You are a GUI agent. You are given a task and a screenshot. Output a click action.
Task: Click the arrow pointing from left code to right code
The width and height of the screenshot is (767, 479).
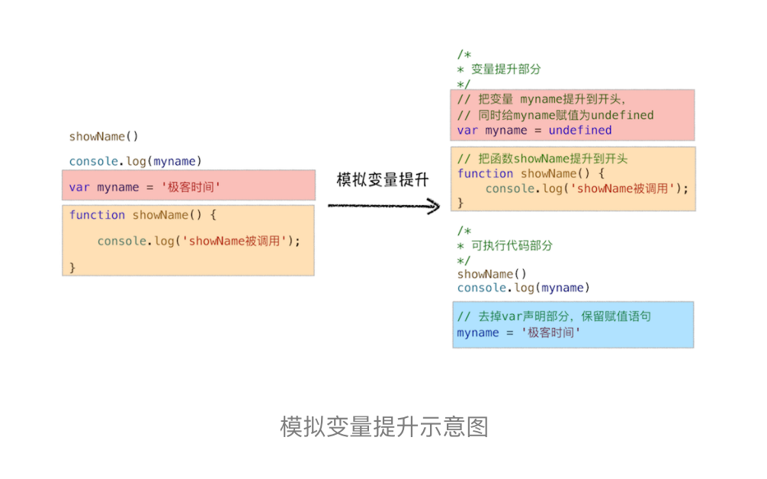(383, 205)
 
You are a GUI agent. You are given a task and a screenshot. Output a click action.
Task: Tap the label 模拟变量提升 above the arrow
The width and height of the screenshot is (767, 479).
(383, 181)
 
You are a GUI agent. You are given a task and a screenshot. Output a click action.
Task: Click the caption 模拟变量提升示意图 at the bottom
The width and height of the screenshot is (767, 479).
(383, 426)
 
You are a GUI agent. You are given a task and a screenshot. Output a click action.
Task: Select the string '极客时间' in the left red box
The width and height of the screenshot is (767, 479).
(191, 187)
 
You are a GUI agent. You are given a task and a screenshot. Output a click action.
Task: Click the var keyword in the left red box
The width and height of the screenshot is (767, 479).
(79, 187)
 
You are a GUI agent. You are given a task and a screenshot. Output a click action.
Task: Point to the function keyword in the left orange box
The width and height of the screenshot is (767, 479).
(97, 215)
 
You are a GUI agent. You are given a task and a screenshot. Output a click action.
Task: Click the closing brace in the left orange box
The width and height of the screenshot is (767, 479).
(72, 267)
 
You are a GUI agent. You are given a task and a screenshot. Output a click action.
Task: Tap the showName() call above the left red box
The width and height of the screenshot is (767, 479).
(104, 137)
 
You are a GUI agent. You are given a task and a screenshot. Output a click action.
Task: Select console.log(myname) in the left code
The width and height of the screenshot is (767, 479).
(136, 161)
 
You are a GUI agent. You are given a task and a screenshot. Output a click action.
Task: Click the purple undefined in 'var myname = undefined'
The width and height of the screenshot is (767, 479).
(579, 130)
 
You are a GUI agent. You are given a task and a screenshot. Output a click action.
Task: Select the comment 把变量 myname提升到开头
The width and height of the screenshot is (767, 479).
(541, 99)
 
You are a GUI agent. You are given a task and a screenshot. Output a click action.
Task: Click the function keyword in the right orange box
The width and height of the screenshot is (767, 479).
(485, 173)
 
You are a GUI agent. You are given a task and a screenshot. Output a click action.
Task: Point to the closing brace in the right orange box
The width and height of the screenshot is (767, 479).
(461, 202)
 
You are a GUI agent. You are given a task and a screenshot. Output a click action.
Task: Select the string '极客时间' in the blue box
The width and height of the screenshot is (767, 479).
(551, 333)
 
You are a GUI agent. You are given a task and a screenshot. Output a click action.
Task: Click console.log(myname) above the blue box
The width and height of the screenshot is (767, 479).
(524, 288)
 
